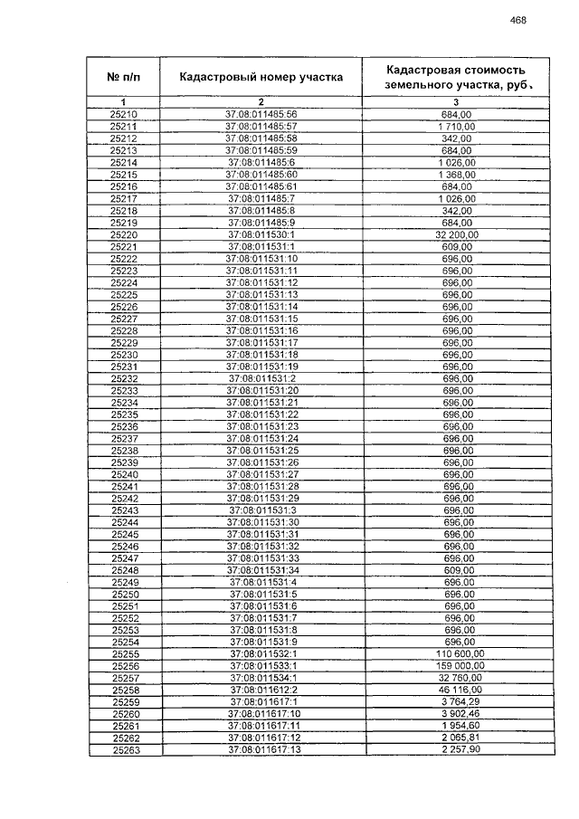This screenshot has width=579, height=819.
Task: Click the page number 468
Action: point(518,20)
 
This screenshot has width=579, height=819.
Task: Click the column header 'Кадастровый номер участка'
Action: point(261,77)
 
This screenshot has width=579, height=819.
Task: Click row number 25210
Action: point(123,115)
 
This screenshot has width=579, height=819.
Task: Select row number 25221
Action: point(123,246)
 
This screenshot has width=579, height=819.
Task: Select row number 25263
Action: point(123,749)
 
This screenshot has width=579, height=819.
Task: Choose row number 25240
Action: point(123,474)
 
